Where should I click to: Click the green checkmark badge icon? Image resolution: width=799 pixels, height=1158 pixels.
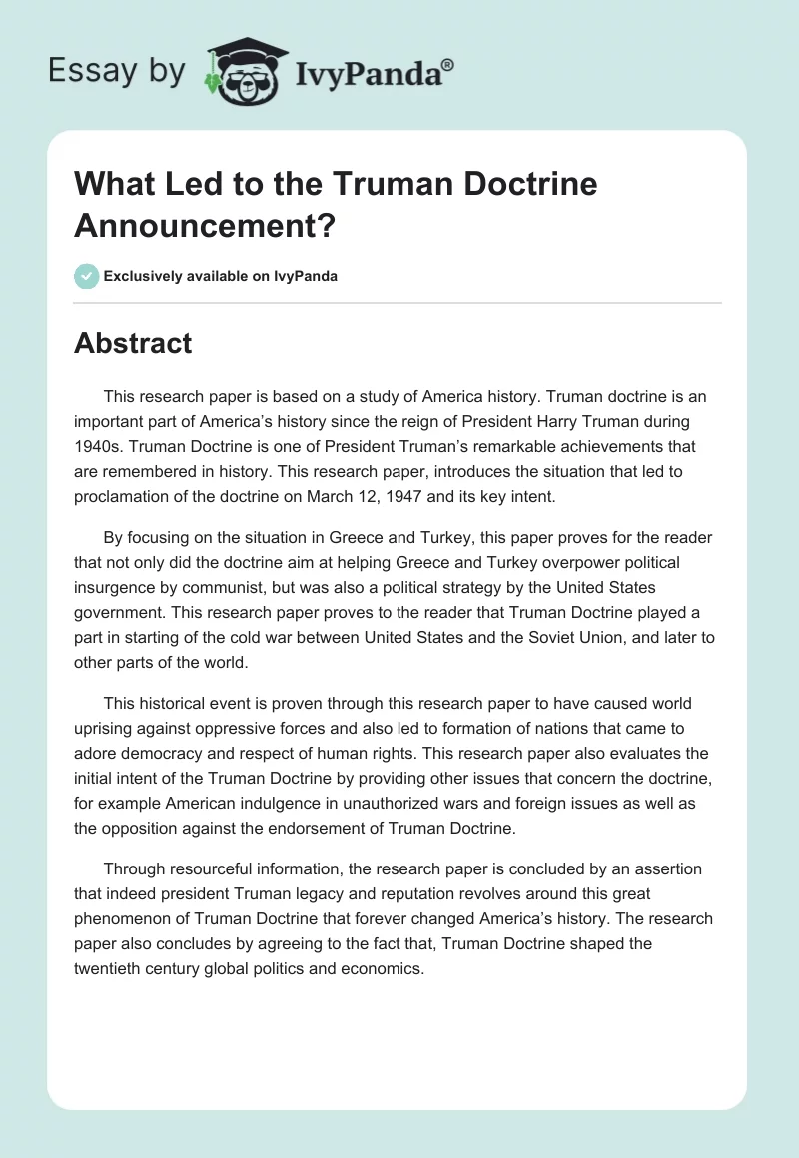(87, 276)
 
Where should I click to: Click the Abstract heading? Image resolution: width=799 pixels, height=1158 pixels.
(133, 343)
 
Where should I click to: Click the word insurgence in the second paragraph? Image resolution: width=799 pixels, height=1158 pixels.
(113, 588)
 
